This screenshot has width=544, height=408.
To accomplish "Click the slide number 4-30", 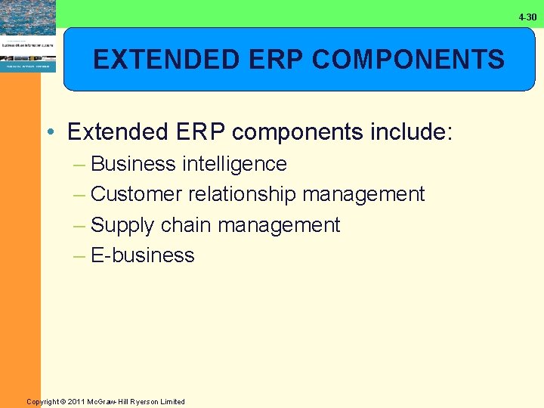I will (x=527, y=17).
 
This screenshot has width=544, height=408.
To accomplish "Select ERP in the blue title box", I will (x=252, y=59).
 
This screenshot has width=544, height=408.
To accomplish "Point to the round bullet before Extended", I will (x=50, y=133).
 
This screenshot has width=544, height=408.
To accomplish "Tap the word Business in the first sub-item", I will (x=132, y=164).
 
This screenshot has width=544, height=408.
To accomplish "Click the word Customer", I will (x=136, y=194).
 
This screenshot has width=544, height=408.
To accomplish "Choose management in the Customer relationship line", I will (x=363, y=194).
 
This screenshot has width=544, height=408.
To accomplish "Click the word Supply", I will (x=122, y=225).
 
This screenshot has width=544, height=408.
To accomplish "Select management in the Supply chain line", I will (x=279, y=225).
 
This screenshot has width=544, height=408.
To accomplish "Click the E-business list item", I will (x=142, y=255).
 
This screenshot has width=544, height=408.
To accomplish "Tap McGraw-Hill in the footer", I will (x=113, y=402).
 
